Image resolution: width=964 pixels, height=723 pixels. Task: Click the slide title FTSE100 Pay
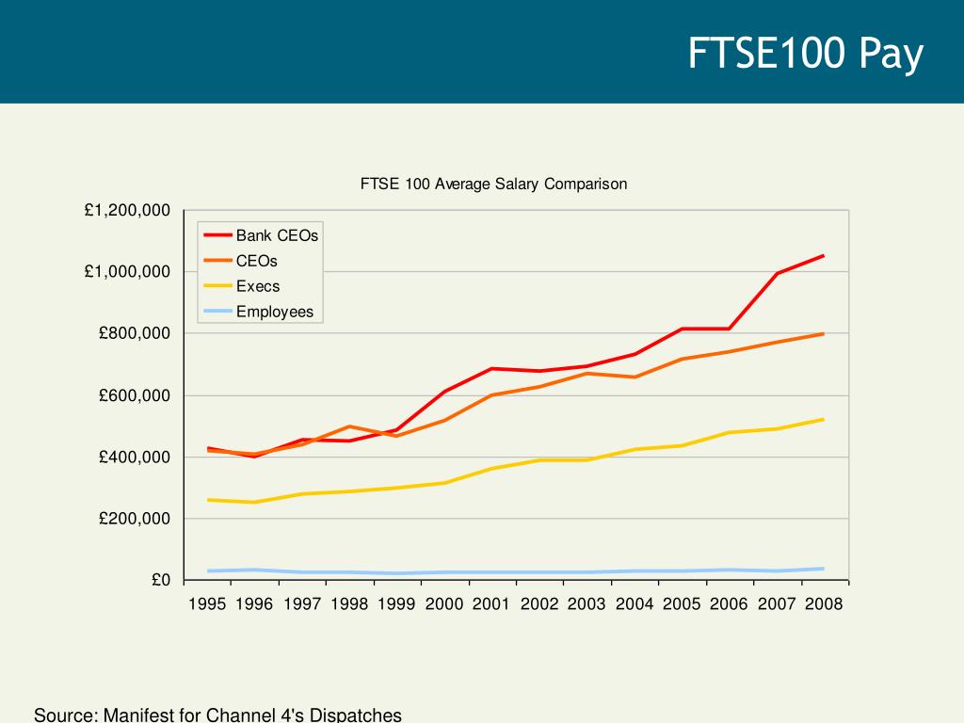(x=805, y=54)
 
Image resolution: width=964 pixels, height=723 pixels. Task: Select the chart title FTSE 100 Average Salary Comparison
(x=493, y=184)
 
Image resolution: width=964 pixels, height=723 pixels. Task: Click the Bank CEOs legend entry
(x=277, y=235)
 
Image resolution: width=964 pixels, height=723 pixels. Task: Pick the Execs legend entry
(x=257, y=286)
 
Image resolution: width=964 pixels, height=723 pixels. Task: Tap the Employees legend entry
(x=274, y=312)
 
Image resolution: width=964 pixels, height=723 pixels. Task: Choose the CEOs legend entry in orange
(x=256, y=261)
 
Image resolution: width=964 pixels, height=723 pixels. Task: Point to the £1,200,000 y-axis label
(x=127, y=210)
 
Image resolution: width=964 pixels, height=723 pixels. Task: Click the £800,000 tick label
(x=134, y=333)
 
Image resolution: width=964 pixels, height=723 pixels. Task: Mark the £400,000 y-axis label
(x=134, y=457)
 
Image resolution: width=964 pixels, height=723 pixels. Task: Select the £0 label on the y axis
(x=161, y=580)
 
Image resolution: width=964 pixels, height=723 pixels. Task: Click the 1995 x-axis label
(x=207, y=603)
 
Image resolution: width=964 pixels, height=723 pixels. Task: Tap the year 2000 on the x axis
(x=444, y=603)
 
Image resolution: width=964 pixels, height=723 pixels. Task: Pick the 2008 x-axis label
(x=824, y=603)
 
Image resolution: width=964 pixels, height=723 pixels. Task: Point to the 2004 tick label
(x=635, y=603)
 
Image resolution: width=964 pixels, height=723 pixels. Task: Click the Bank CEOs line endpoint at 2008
(x=824, y=255)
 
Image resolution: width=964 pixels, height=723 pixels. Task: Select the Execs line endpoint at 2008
(x=824, y=419)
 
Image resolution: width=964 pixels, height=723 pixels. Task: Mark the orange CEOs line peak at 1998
(x=349, y=426)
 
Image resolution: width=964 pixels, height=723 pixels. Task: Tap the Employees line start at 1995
(x=208, y=570)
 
